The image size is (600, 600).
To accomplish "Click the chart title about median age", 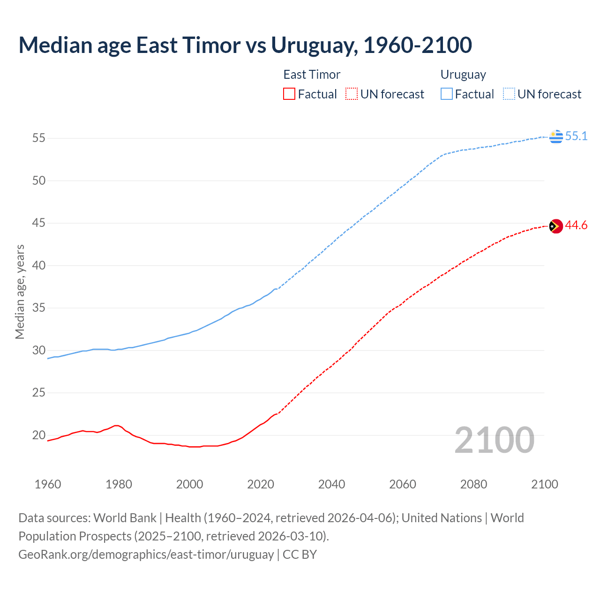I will point(245,45).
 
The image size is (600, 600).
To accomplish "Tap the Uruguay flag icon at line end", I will point(556,136).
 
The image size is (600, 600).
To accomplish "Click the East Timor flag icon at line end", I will point(556,226).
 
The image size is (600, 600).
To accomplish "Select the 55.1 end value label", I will point(576,136).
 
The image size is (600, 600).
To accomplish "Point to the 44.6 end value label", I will point(576,225).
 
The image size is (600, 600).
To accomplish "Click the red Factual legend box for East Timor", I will point(289,94).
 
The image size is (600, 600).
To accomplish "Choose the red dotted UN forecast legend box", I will point(352,94).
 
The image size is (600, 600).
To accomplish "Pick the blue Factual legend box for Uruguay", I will point(447,94).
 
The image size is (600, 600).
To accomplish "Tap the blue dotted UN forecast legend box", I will point(509,94).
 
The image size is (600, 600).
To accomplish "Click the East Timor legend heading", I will point(312,75).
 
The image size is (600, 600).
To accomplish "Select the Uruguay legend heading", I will point(463,75).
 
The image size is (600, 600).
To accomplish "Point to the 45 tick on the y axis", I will point(39,223).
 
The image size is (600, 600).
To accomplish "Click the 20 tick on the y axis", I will point(39,435).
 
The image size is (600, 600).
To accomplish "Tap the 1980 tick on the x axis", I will point(119,484).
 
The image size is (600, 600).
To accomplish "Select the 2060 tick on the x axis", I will point(403,484).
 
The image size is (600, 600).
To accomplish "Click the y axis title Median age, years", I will point(20,292).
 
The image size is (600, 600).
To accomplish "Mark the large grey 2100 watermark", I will point(495,440).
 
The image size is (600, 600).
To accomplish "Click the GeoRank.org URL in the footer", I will point(146,555).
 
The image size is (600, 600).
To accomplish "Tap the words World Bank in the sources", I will point(125,518).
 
